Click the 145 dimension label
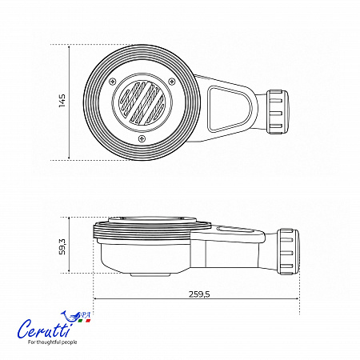click(x=62, y=101)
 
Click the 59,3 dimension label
click(x=62, y=246)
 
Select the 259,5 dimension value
click(x=199, y=294)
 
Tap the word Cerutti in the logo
click(x=44, y=329)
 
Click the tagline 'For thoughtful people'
click(x=52, y=342)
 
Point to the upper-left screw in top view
click(x=113, y=82)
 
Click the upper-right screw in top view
click(x=172, y=82)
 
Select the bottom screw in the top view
click(x=142, y=138)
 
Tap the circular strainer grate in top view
click(x=142, y=102)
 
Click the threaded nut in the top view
click(x=278, y=112)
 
